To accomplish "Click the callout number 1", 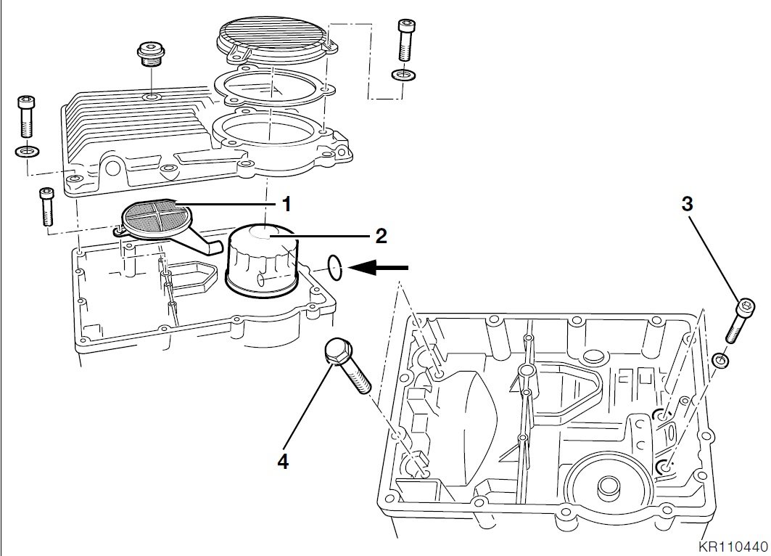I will pyautogui.click(x=286, y=205).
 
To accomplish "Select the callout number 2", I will pyautogui.click(x=381, y=235).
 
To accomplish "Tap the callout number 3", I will pyautogui.click(x=687, y=204).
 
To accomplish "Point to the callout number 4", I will pyautogui.click(x=282, y=461).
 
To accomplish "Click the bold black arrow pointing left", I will pyautogui.click(x=379, y=269).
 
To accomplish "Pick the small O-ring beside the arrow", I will pyautogui.click(x=334, y=266).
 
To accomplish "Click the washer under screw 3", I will pyautogui.click(x=720, y=359).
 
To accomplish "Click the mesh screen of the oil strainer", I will pyautogui.click(x=152, y=216).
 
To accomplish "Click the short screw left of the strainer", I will pyautogui.click(x=46, y=205).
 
